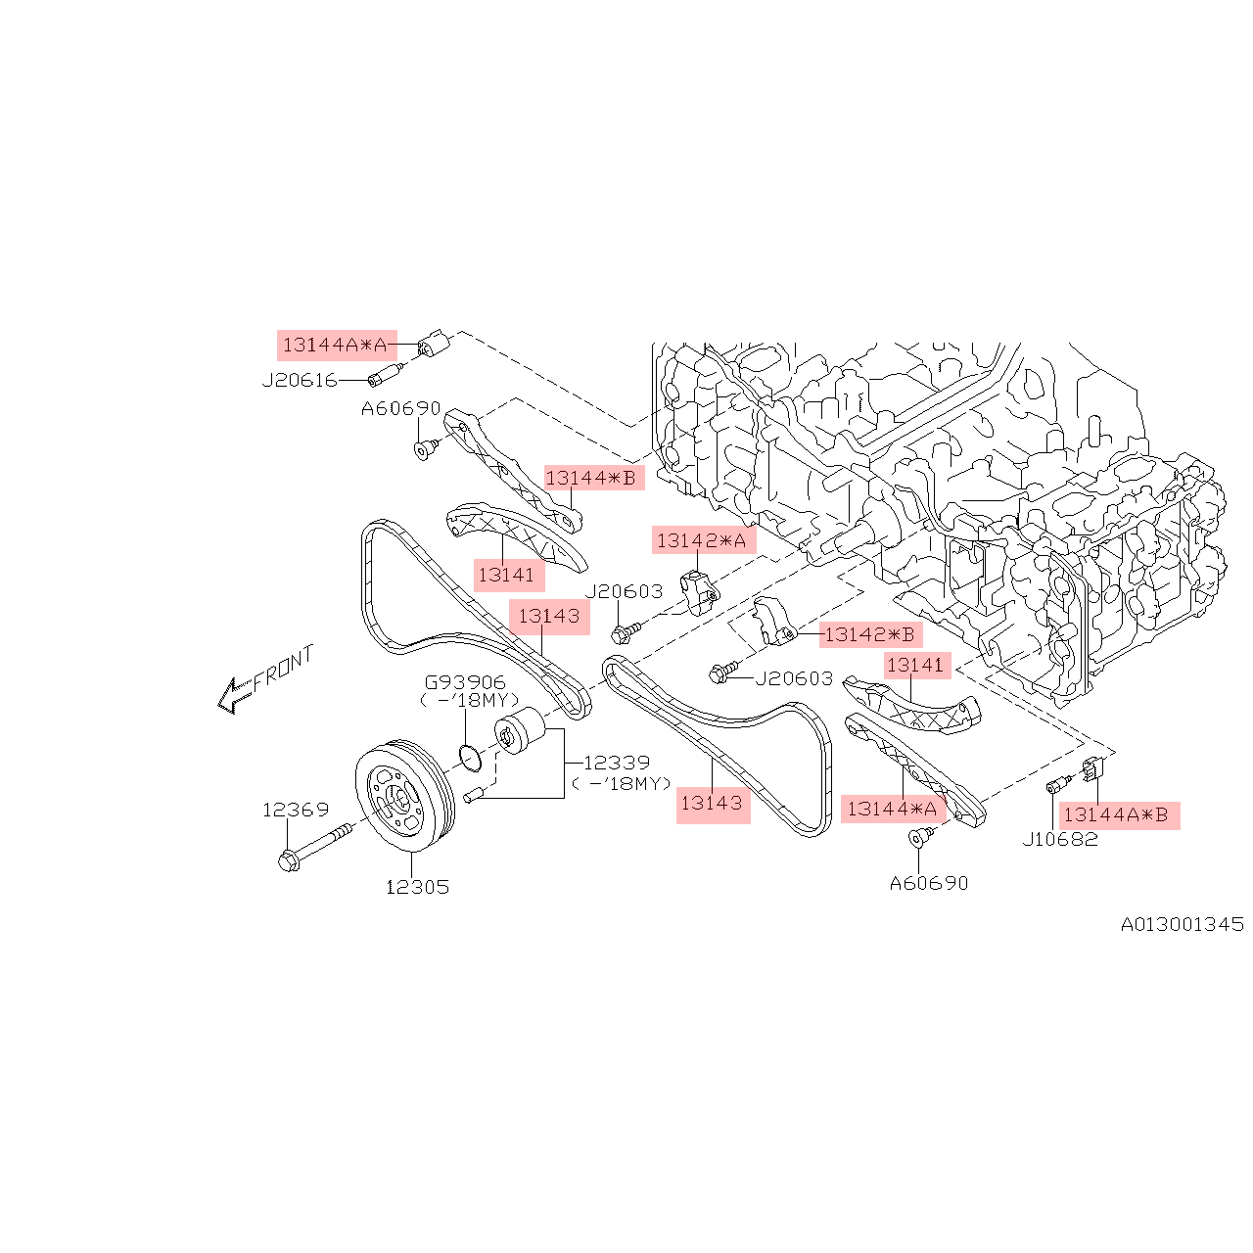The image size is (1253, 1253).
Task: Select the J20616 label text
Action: point(300,381)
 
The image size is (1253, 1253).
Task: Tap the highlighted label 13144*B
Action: point(591,479)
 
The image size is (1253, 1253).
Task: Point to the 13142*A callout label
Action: point(702,540)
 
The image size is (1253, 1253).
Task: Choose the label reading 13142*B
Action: point(869,634)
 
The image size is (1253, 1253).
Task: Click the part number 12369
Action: point(295,810)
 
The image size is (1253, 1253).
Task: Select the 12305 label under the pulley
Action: point(417,887)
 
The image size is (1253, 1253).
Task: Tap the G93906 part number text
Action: point(465,682)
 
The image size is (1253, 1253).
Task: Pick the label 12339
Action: point(617,763)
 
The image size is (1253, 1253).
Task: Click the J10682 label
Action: point(1060,839)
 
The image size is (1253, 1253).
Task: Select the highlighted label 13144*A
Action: point(892,809)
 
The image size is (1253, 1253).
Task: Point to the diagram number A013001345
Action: point(1182,924)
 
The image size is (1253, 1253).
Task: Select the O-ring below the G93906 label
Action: point(470,756)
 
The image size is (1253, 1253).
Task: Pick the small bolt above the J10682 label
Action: point(1054,786)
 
